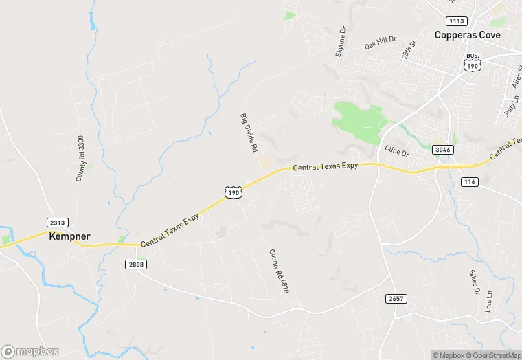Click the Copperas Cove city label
pos(470,34)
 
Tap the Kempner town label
pos(69,236)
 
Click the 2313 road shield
pos(58,222)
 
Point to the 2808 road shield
pos(137,264)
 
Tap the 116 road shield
pos(469,181)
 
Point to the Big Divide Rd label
pos(248,133)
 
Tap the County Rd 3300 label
pos(80,158)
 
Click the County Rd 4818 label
pos(277,272)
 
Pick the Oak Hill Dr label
pos(381,43)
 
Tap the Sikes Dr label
pos(475,281)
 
